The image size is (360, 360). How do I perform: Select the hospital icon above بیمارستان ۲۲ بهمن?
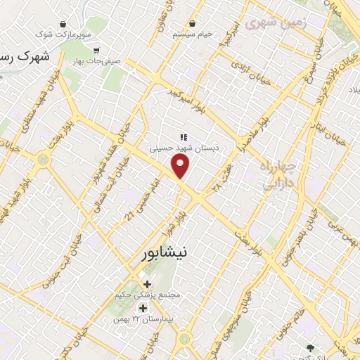point(143,309)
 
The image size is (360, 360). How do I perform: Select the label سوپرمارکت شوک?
point(65,33)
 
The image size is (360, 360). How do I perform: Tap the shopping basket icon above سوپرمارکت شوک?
point(65,22)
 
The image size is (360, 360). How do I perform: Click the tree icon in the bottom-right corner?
point(309,347)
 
